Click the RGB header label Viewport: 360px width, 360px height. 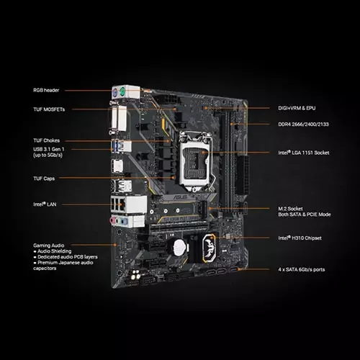coord(47,91)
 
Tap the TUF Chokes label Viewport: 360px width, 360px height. coord(47,140)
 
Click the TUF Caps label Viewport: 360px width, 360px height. coord(44,178)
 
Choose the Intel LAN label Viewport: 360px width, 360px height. coord(45,204)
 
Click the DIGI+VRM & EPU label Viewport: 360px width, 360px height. coord(297,109)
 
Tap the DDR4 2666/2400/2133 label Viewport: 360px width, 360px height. coord(302,125)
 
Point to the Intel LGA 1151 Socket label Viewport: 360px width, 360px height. coord(304,153)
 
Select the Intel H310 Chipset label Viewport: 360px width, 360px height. coord(300,238)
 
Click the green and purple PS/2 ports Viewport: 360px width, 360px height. coord(119,94)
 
